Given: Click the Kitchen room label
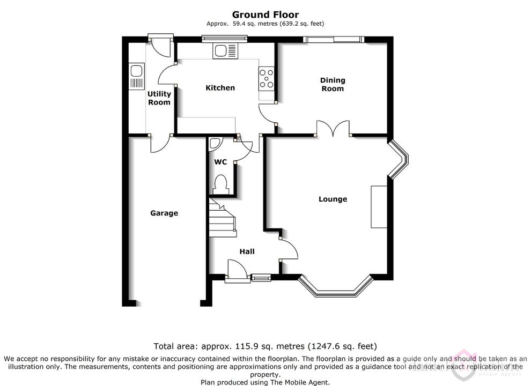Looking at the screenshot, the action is [220, 88].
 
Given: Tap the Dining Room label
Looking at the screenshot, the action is [333, 84].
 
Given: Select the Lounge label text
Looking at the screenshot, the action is [333, 199].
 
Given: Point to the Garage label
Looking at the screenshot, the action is [164, 213].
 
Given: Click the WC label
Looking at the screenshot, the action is [220, 162].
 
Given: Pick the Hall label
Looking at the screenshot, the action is [247, 251].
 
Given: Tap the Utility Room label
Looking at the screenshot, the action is [159, 98].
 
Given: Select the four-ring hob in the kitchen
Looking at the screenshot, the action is [266, 79].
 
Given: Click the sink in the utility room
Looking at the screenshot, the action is [137, 77].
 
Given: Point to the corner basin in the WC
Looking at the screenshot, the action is [215, 144].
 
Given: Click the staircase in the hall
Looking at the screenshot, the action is [222, 217].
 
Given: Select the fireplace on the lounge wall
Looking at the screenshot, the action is [379, 207].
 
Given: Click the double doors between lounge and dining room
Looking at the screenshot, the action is [333, 129].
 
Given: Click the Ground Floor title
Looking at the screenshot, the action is [265, 14].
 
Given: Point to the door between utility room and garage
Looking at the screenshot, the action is [161, 143].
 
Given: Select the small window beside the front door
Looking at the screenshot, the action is [261, 278].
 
